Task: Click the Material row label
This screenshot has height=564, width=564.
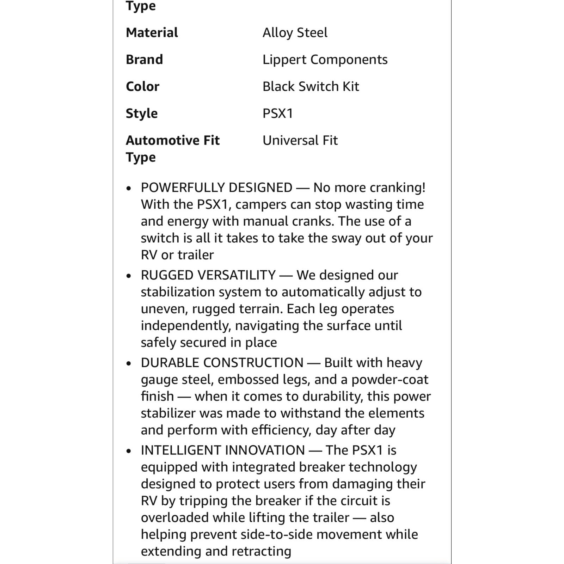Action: [152, 33]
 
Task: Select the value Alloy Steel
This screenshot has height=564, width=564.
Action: [295, 33]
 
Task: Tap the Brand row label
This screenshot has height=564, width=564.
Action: [144, 60]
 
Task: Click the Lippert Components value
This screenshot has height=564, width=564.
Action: [325, 60]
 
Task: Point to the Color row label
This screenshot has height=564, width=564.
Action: [142, 86]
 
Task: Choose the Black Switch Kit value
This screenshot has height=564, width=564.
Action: [311, 86]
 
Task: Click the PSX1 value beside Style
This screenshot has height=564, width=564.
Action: [278, 114]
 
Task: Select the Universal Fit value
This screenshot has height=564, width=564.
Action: [300, 140]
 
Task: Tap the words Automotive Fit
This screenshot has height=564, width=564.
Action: [172, 140]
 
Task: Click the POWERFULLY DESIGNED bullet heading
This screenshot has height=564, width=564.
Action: [216, 188]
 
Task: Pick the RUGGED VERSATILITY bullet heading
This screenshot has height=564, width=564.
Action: [208, 275]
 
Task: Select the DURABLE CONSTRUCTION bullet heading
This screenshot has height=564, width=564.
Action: [222, 362]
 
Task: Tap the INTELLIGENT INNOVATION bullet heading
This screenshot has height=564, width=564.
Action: [223, 450]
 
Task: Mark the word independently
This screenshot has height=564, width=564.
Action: [185, 326]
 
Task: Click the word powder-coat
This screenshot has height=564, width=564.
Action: [390, 379]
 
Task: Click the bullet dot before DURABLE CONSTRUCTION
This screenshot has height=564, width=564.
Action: [129, 363]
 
